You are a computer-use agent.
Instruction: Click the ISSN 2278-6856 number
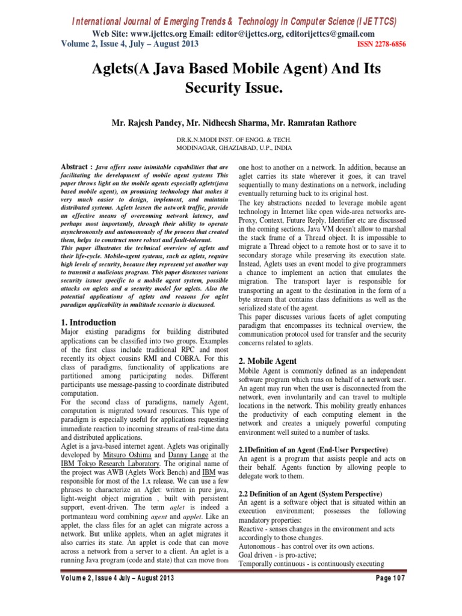pyautogui.click(x=374, y=45)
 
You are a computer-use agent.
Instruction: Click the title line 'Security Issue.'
pyautogui.click(x=230, y=88)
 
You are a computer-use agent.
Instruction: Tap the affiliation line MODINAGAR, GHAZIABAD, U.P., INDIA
pyautogui.click(x=233, y=146)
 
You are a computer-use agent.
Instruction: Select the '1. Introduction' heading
pyautogui.click(x=90, y=322)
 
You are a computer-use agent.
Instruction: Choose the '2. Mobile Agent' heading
pyautogui.click(x=268, y=361)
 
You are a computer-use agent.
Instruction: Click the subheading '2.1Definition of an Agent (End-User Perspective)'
pyautogui.click(x=313, y=450)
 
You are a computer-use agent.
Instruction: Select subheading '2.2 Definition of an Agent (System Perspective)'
pyautogui.click(x=310, y=493)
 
